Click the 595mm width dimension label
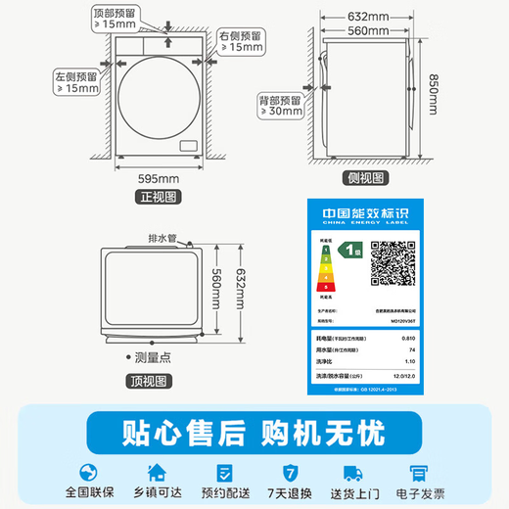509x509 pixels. [160, 178]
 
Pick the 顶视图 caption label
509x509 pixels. [148, 381]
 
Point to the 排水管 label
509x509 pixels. [162, 238]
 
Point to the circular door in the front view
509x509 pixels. [159, 93]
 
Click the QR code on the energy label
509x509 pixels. [393, 259]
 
